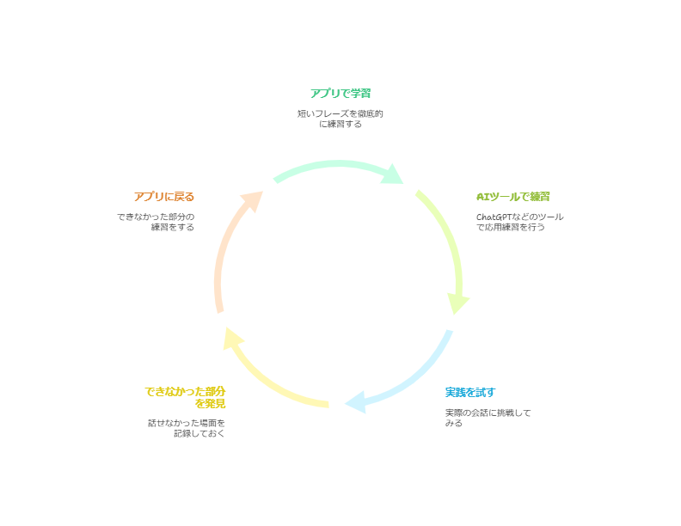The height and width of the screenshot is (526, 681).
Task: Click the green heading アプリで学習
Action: coord(340,93)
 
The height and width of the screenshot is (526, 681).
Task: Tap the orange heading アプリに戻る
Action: coord(164,197)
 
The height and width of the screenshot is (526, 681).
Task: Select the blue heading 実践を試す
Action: coord(470,393)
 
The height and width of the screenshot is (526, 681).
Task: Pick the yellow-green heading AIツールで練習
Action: coord(513,197)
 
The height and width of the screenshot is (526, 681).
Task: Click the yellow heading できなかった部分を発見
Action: coord(185,397)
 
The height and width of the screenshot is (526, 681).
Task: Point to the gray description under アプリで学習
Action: coord(340,119)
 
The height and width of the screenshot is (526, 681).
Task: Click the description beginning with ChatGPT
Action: coord(519,222)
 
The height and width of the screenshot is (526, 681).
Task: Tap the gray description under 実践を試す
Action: coord(488,418)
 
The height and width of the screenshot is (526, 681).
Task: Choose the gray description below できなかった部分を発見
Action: coord(187,428)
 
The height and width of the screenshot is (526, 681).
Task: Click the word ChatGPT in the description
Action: coord(491,217)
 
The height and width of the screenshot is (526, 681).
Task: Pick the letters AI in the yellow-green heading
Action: coord(482,197)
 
